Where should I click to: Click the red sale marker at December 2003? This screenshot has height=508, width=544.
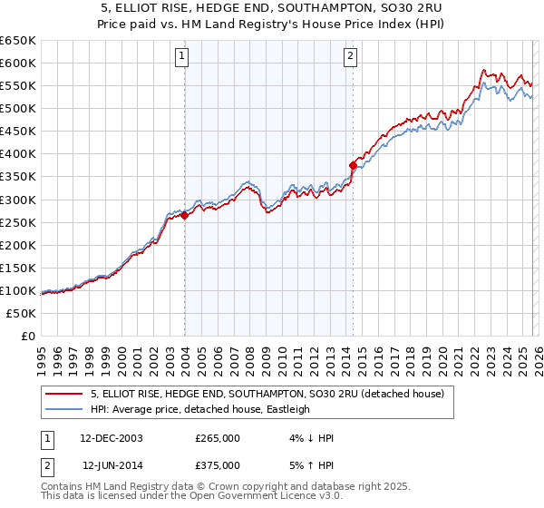184,215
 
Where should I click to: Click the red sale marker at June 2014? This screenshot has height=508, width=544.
353,164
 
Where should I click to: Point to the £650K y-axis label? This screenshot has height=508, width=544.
18,41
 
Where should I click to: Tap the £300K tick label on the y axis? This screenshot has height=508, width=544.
18,200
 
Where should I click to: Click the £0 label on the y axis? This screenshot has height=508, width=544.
29,336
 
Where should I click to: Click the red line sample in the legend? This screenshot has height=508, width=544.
65,395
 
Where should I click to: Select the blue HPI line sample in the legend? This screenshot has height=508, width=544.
65,410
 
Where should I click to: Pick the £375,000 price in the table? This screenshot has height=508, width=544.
218,464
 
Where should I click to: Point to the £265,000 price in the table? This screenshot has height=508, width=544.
218,438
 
